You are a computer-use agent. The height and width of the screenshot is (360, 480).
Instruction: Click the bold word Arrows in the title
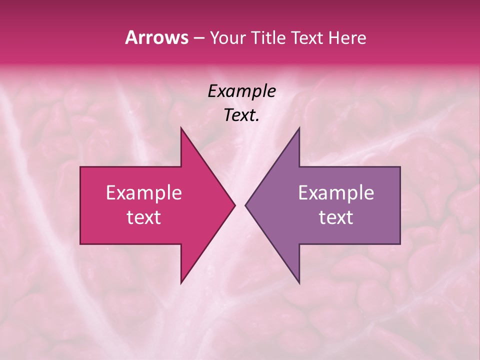click(156, 37)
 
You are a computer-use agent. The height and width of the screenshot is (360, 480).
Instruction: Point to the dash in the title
click(198, 38)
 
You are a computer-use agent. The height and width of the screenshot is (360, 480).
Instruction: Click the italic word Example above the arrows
click(241, 91)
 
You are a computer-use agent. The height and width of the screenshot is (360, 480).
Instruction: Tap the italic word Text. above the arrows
click(241, 115)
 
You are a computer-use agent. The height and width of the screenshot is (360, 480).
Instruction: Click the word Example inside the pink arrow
click(144, 193)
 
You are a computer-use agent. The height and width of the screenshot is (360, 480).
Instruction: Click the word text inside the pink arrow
click(144, 217)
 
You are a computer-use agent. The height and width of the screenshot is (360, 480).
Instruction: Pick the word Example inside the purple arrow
click(336, 193)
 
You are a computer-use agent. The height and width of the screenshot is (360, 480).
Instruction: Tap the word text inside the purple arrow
click(336, 217)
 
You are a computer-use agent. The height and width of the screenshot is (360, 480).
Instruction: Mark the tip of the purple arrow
click(246, 205)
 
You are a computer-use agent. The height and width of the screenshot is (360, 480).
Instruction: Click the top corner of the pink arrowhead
click(181, 128)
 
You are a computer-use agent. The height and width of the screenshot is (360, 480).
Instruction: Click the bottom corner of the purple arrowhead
click(299, 282)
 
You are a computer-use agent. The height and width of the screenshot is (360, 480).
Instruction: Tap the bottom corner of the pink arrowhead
click(181, 282)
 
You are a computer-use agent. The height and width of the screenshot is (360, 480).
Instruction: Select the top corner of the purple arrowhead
click(299, 128)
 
